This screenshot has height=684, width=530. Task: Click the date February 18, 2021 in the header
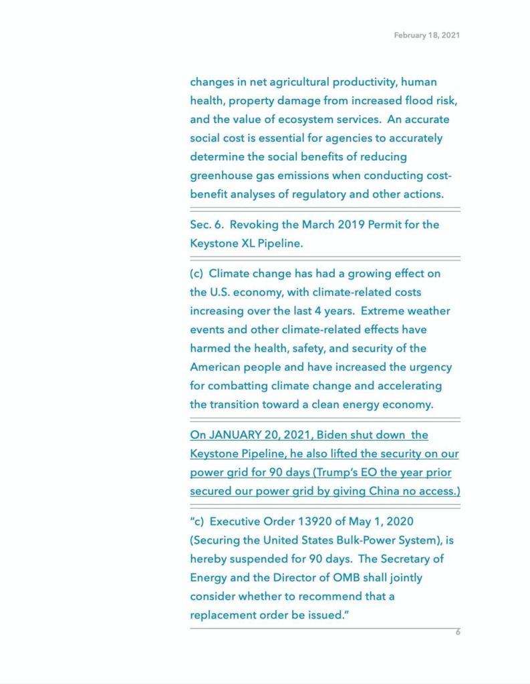click(x=426, y=35)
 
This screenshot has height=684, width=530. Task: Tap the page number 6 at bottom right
click(x=458, y=632)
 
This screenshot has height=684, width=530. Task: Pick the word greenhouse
click(x=222, y=176)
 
